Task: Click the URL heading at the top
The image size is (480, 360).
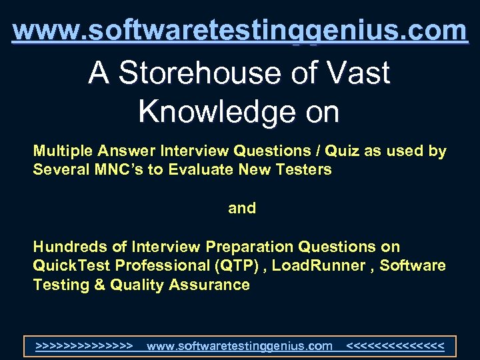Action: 240,31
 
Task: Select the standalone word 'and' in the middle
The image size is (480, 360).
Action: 242,209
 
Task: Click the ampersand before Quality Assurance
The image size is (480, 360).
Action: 99,285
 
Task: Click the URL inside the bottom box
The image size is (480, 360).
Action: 239,346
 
